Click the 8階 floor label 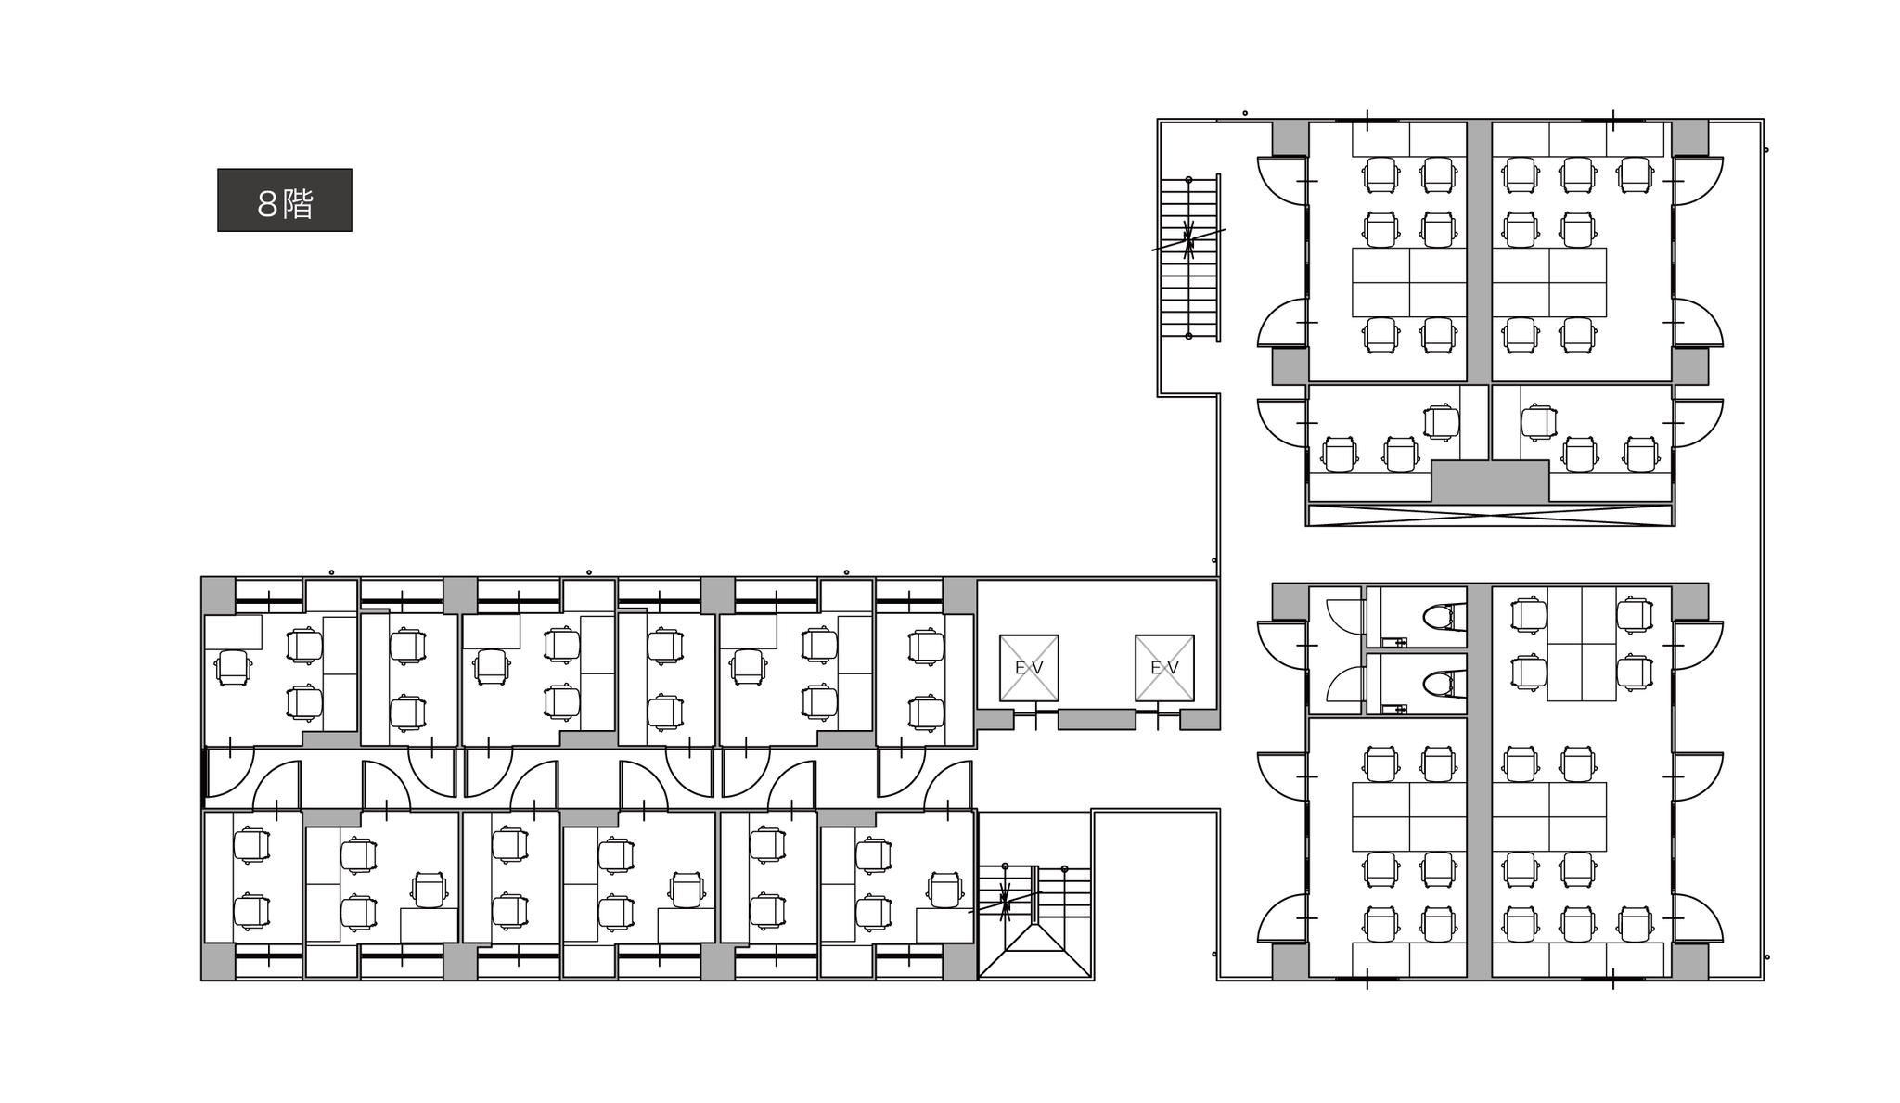(x=284, y=200)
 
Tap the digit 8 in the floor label (x=267, y=204)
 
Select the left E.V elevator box (x=1028, y=668)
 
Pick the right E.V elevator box (x=1164, y=668)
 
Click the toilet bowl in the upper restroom (x=1440, y=616)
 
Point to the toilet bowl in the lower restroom (x=1440, y=685)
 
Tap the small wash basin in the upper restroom (x=1394, y=641)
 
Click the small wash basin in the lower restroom (x=1394, y=710)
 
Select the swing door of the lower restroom (x=1345, y=685)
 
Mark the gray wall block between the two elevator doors (x=1097, y=719)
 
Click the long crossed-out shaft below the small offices (x=1489, y=515)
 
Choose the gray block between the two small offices (x=1490, y=481)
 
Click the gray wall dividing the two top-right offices (x=1479, y=250)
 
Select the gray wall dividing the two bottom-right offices (x=1479, y=844)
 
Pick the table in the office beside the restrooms (x=1581, y=644)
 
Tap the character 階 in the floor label (x=299, y=204)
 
